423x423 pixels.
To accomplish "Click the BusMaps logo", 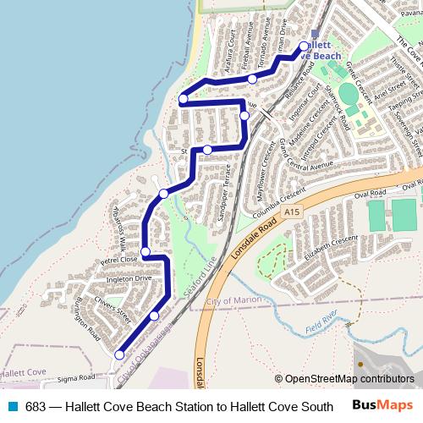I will (383, 405).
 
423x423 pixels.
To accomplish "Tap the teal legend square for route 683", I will (12, 406).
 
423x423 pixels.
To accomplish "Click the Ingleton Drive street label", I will (129, 277).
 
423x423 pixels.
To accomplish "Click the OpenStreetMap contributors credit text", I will (344, 379).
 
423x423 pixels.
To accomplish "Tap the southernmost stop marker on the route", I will (119, 354).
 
